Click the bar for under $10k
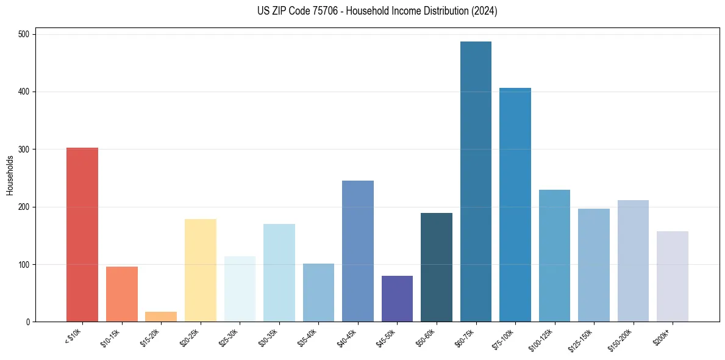(x=82, y=235)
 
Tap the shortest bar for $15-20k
(x=161, y=317)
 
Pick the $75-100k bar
(x=515, y=205)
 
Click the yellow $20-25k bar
(x=201, y=270)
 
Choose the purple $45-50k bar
(x=397, y=299)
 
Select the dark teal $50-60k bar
(x=437, y=267)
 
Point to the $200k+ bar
(x=673, y=276)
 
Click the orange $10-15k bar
(x=122, y=294)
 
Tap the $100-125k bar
(x=554, y=256)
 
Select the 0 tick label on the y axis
(x=29, y=322)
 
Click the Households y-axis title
(x=10, y=175)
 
